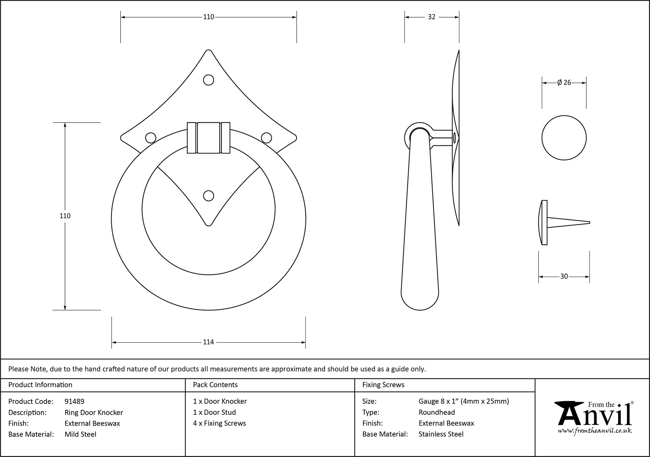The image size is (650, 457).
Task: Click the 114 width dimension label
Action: pos(208,342)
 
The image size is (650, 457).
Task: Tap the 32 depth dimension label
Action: pos(432,17)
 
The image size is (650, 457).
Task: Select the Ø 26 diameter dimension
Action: pos(564,83)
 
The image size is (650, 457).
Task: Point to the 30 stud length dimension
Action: pos(564,276)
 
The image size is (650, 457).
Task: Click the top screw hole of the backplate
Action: pos(208,80)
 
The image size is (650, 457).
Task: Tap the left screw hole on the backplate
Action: pos(150,138)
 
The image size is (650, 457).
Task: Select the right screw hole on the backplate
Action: pos(266,138)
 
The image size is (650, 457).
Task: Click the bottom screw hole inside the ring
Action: pos(208,196)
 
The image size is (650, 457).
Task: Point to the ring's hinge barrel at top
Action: pos(208,138)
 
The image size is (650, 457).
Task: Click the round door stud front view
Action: pos(564,138)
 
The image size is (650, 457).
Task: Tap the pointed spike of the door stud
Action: pos(572,223)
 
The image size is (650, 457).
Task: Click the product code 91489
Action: pos(74,401)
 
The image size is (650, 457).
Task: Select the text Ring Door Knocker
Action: pos(94,412)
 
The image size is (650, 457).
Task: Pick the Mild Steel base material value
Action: pos(80,434)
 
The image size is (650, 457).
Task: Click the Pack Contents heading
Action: pos(215,385)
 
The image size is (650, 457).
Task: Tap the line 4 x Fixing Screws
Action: pos(219,423)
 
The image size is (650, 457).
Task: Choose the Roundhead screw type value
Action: pos(436,412)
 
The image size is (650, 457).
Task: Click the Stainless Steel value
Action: pos(441,434)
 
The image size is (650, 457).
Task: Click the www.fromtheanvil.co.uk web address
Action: pos(595,431)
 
